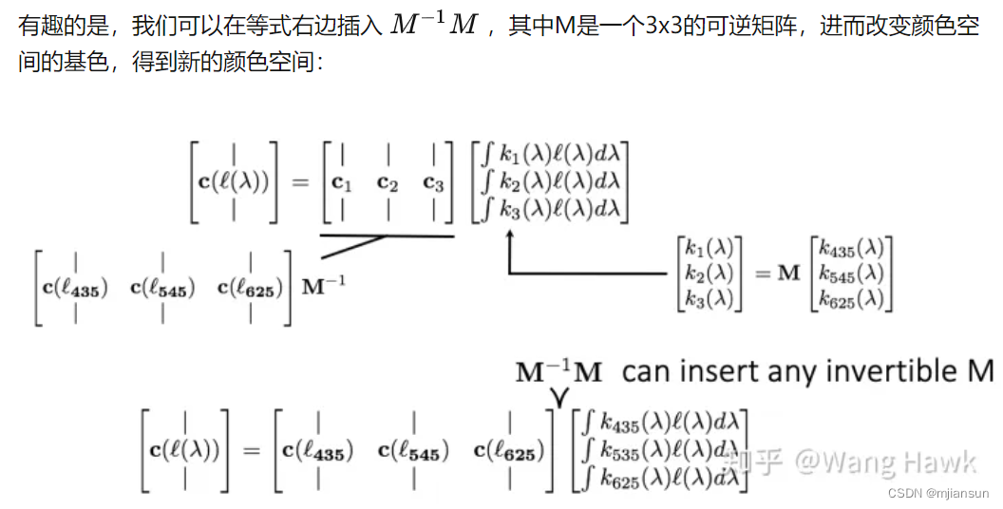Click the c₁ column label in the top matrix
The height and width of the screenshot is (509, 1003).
pyautogui.click(x=340, y=182)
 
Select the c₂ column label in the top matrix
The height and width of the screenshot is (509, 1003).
pyautogui.click(x=387, y=182)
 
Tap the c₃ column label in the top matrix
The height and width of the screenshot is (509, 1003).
pyautogui.click(x=433, y=182)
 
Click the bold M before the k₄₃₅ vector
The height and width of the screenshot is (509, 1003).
pyautogui.click(x=789, y=273)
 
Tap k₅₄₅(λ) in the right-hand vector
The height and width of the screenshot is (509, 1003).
pyautogui.click(x=852, y=273)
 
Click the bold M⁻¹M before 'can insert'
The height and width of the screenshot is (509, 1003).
pyautogui.click(x=558, y=371)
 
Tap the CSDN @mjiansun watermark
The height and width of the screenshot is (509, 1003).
pyautogui.click(x=938, y=493)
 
